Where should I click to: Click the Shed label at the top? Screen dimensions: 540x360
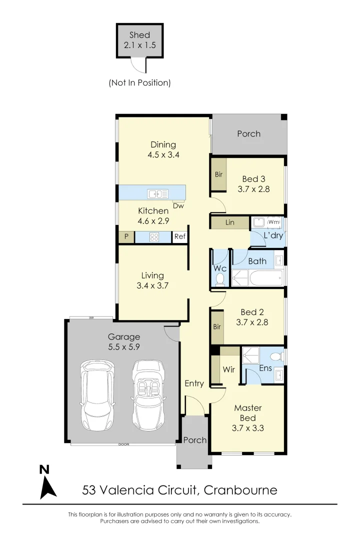(x=139, y=35)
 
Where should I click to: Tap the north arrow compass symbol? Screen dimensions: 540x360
(x=47, y=483)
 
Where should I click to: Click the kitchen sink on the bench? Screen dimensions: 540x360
(x=157, y=193)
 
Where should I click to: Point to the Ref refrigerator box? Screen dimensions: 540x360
(x=179, y=237)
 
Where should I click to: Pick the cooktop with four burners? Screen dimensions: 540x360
(x=154, y=237)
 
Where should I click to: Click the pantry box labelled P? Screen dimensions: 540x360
(x=126, y=237)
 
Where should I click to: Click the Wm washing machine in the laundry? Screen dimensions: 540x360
(x=273, y=222)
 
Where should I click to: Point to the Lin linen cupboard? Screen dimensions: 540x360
(x=229, y=222)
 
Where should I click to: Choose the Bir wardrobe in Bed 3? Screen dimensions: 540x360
(x=218, y=174)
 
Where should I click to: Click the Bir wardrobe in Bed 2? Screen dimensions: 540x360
(x=217, y=327)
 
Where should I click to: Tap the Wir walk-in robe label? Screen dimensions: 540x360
(x=228, y=370)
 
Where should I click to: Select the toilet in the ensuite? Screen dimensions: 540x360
(x=274, y=356)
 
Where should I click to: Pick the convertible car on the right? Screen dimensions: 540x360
(x=148, y=395)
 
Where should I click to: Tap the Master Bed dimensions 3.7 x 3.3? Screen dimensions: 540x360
(x=247, y=428)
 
